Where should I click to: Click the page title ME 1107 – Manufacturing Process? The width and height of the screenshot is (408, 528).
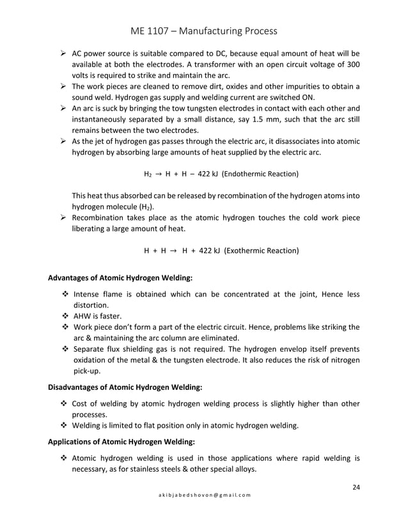coord(203,31)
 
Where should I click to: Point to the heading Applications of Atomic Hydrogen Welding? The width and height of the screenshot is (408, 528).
coord(122,442)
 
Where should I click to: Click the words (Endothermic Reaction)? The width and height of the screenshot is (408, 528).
coord(259,174)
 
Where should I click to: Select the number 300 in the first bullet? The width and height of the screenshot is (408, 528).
coord(351,65)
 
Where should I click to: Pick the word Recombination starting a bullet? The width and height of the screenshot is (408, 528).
coord(101,218)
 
